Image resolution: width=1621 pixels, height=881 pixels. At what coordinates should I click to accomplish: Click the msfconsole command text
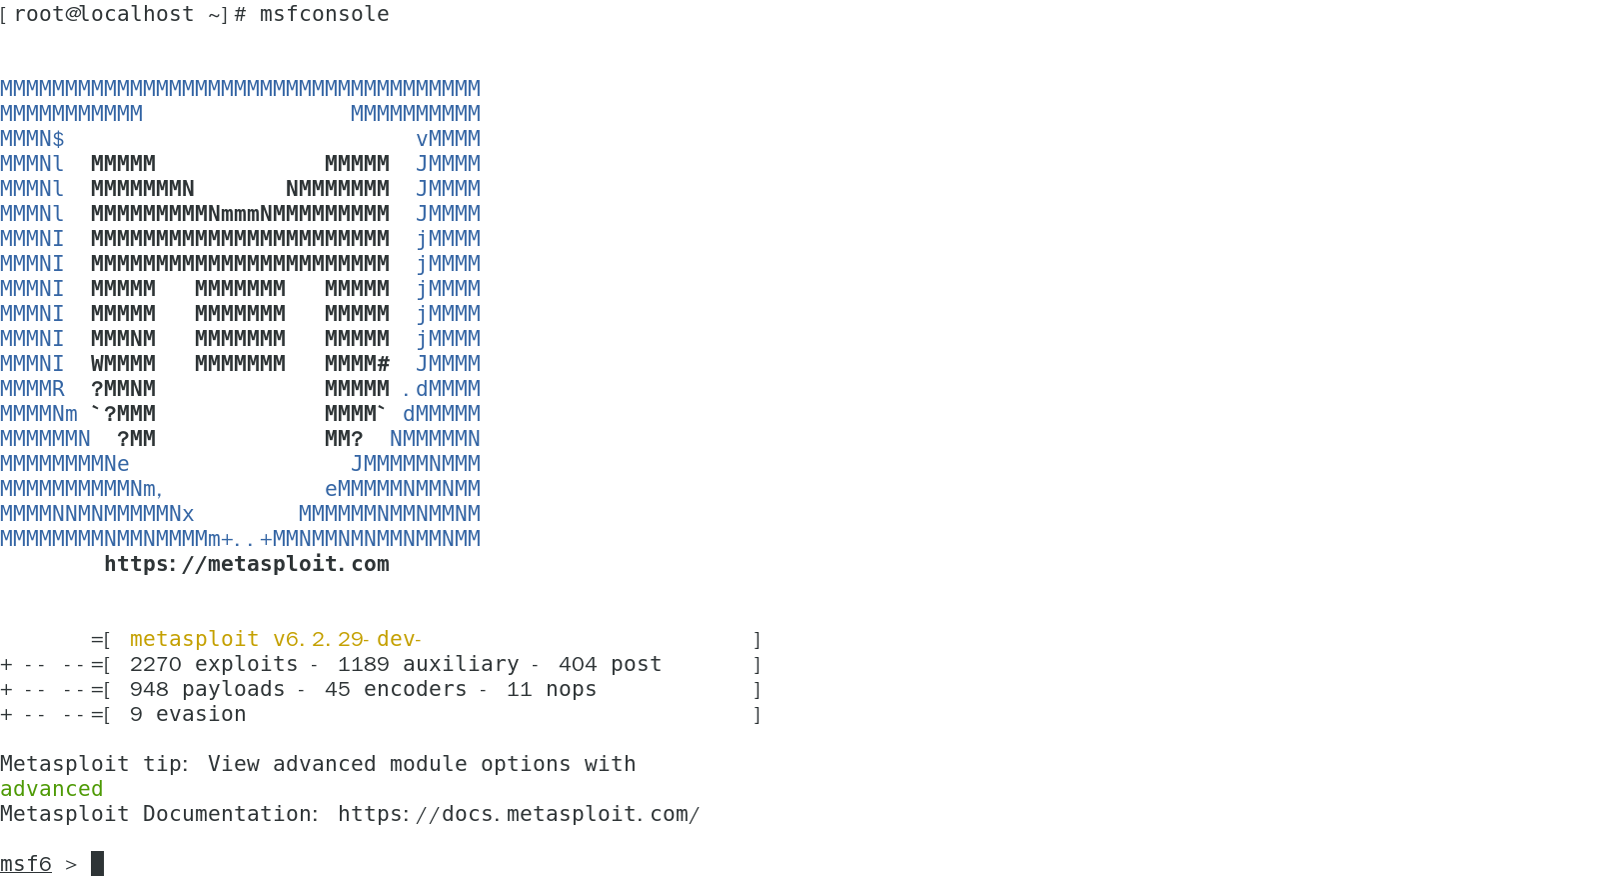click(x=324, y=14)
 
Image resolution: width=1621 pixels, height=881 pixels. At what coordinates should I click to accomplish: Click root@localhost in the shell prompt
click(x=104, y=14)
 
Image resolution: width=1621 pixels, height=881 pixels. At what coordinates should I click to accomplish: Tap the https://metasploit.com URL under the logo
click(x=247, y=564)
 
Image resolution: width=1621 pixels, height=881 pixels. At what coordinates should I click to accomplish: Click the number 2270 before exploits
click(x=156, y=664)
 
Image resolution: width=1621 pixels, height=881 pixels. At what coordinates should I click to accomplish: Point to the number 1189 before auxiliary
click(x=364, y=664)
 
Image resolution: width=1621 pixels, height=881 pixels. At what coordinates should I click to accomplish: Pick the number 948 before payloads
click(x=149, y=689)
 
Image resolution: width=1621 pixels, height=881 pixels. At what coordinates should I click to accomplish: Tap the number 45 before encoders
click(x=338, y=689)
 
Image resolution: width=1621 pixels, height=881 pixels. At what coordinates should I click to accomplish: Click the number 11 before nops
click(x=520, y=689)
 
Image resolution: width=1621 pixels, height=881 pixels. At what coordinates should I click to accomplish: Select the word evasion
click(x=201, y=714)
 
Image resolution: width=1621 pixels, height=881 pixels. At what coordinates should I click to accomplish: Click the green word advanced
click(x=52, y=789)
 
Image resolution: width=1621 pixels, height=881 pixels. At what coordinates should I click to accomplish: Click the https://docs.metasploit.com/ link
click(x=519, y=814)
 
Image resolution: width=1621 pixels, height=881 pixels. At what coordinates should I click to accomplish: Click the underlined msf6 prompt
click(x=26, y=864)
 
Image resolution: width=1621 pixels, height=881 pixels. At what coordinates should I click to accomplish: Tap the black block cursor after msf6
click(x=97, y=863)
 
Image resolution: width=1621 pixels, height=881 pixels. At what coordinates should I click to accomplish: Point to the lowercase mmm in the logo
click(x=241, y=214)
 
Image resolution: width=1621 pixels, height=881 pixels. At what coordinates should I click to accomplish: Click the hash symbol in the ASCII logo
click(x=383, y=364)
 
